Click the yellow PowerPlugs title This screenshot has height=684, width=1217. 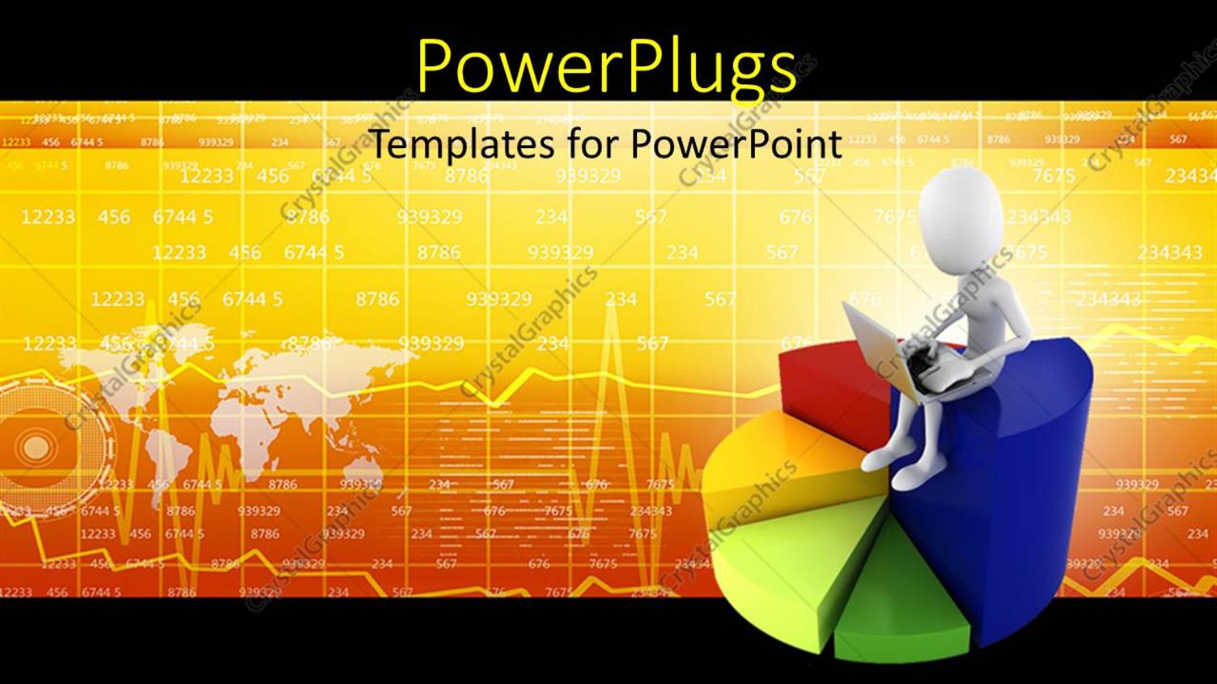click(607, 66)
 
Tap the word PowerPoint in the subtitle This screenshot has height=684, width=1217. click(736, 145)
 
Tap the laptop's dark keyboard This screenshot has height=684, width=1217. click(931, 368)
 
